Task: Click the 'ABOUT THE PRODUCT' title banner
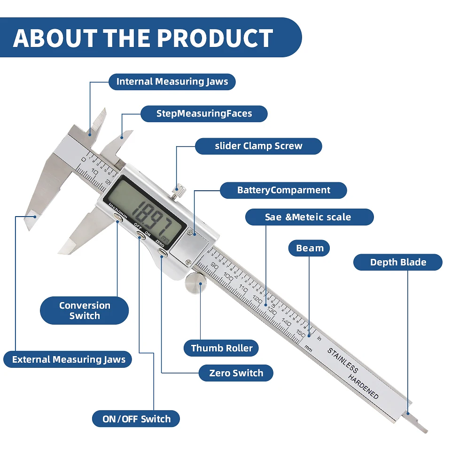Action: click(143, 38)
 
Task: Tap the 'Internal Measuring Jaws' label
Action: click(172, 82)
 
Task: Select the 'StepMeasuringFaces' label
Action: click(204, 114)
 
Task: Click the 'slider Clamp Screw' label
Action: click(258, 146)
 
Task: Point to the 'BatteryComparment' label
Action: click(283, 190)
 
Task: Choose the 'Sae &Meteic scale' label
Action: click(308, 217)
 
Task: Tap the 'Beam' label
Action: click(310, 248)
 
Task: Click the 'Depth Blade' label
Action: click(398, 263)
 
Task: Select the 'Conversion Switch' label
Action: click(85, 311)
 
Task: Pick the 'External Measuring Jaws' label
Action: click(69, 360)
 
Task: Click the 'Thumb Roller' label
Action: click(222, 348)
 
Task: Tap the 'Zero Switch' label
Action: click(236, 373)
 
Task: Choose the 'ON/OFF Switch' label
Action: click(136, 419)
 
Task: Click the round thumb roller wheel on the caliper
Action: click(194, 283)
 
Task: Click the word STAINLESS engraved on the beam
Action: click(342, 360)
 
